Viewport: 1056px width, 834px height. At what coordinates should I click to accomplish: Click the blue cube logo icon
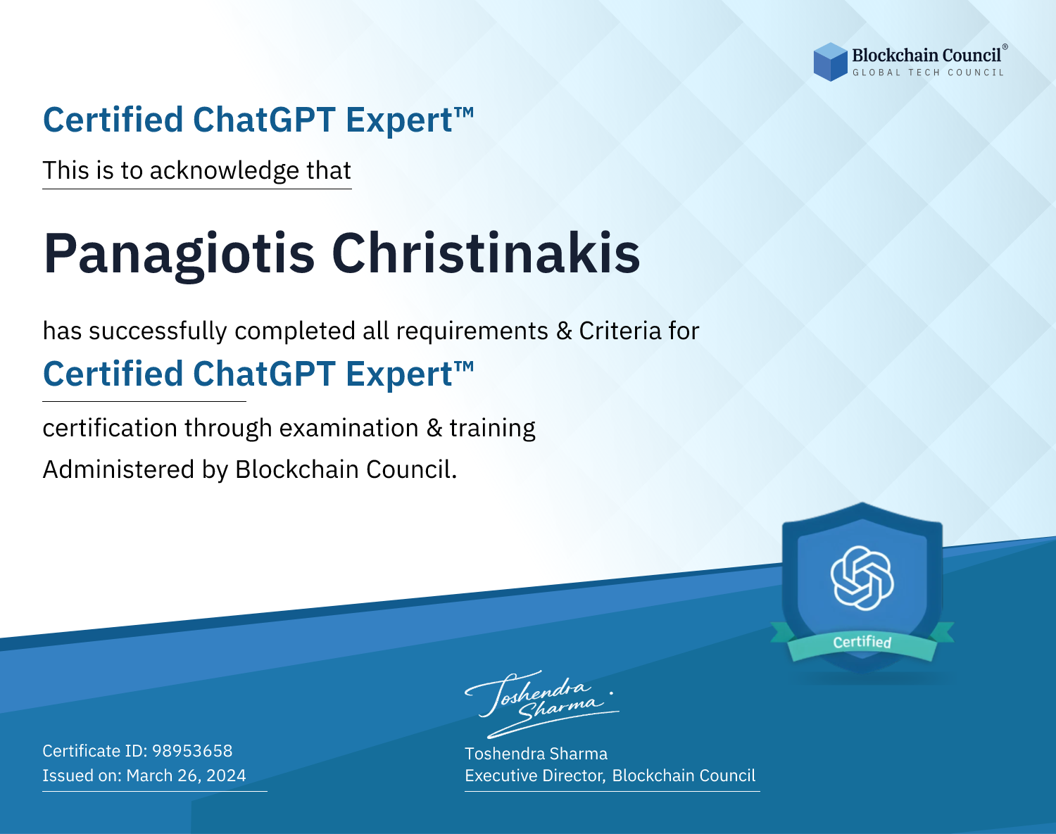tap(830, 62)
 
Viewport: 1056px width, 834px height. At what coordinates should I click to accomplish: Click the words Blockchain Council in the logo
tap(926, 56)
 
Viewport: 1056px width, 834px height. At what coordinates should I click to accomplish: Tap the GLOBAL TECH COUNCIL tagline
tap(928, 72)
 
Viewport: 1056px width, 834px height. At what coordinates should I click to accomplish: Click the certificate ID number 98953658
tap(192, 750)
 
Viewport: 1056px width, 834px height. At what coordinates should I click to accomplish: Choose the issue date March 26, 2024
tap(186, 775)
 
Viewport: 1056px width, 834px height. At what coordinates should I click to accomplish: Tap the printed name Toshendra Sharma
tap(536, 754)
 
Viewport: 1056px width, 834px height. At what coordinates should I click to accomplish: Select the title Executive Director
tap(535, 776)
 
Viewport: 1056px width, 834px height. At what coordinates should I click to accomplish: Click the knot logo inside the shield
tap(862, 579)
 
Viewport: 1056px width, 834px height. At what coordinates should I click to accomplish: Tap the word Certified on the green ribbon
tap(862, 642)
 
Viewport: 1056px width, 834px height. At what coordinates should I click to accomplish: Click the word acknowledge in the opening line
tap(225, 171)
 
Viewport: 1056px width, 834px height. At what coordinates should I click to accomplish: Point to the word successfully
tap(158, 331)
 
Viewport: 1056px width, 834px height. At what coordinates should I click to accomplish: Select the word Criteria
tap(620, 331)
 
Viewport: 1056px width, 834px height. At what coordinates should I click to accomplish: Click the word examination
tap(349, 427)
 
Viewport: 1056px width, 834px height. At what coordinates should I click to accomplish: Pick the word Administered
tap(119, 469)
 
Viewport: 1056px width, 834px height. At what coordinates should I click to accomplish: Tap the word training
tap(493, 429)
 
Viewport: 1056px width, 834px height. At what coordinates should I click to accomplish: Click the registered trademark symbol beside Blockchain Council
tap(1005, 47)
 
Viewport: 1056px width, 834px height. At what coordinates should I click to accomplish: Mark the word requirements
tap(472, 331)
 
